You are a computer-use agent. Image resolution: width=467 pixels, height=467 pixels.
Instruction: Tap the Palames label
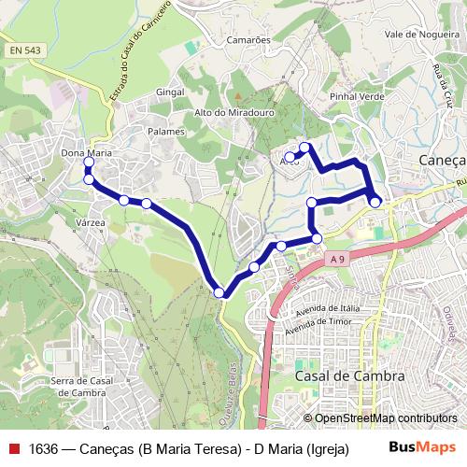(166, 132)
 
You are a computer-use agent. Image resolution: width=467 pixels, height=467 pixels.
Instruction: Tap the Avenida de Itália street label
(327, 310)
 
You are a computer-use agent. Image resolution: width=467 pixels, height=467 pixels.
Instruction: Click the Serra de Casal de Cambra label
(82, 386)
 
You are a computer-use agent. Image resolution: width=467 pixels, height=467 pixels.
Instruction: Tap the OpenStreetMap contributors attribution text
(385, 418)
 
